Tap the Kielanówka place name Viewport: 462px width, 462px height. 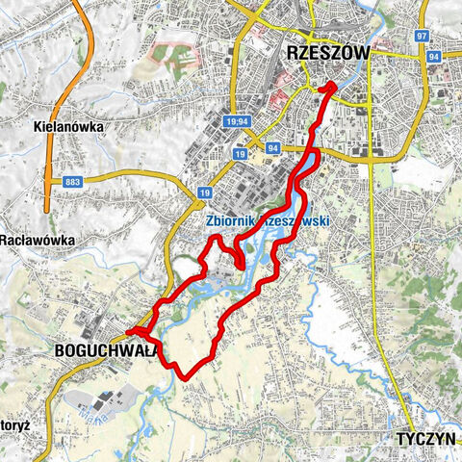click(x=66, y=125)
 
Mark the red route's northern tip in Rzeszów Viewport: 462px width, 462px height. click(x=333, y=86)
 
